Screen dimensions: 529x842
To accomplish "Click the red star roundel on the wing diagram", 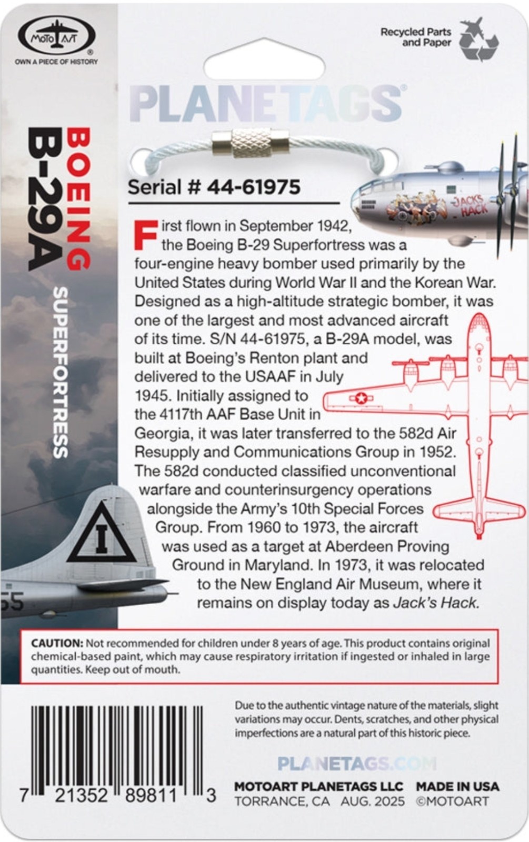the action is pos(361,398).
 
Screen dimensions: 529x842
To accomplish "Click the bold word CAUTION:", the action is pos(57,643).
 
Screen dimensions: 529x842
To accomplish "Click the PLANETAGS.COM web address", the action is pos(357,763).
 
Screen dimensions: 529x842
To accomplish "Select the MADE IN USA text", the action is pos(457,787).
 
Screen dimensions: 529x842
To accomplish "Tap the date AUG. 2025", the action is pos(373,801).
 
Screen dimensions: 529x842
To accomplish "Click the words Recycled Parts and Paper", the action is pos(416,37).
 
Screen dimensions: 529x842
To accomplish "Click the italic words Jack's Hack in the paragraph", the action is pos(436,603).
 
